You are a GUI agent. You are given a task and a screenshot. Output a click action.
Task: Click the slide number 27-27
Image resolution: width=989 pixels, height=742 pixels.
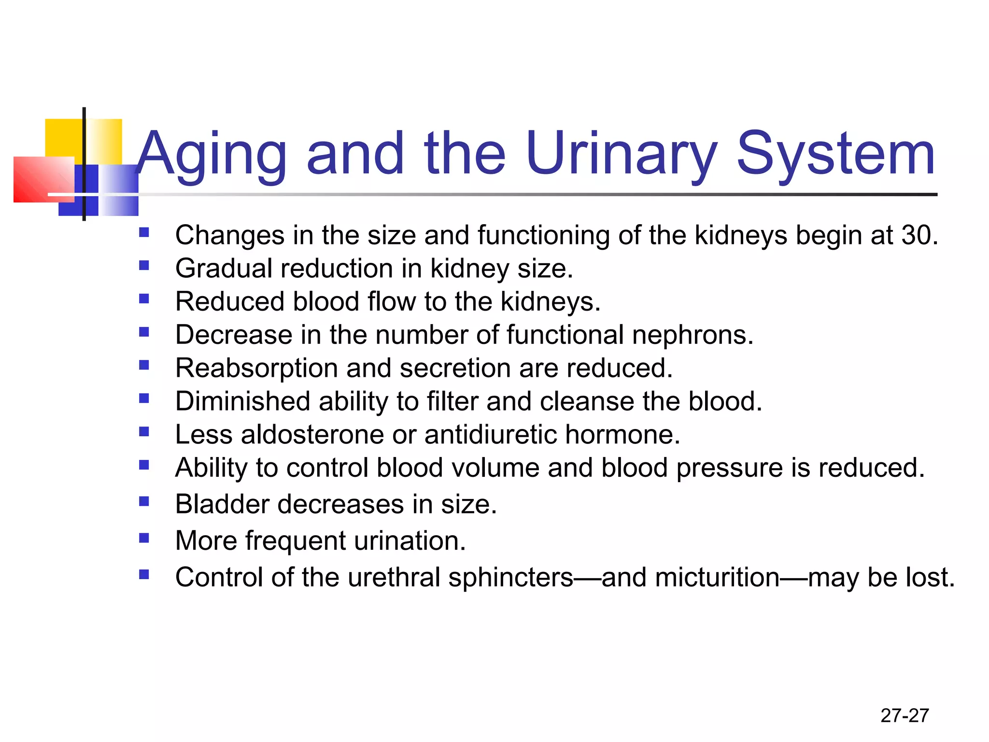904,715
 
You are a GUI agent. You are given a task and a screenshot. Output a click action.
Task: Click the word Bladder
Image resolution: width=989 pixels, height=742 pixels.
222,504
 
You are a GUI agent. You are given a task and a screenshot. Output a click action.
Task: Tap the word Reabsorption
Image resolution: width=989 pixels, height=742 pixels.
256,369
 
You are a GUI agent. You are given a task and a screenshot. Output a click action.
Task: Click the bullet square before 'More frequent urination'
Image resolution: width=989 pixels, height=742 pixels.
144,538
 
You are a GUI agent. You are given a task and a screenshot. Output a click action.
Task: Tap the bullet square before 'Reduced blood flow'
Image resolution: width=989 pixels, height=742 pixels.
144,299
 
